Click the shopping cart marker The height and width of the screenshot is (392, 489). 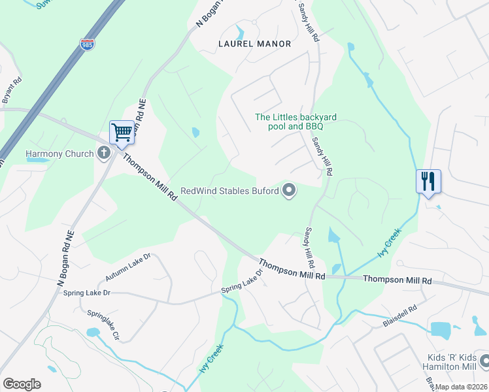[122, 133]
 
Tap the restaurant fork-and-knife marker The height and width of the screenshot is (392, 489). [428, 182]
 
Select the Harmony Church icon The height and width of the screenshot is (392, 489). [103, 154]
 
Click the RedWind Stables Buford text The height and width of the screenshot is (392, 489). [229, 191]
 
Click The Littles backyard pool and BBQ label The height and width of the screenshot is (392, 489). [295, 122]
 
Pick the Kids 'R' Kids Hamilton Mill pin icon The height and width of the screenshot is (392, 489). [484, 361]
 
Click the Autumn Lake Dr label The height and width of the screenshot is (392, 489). [128, 267]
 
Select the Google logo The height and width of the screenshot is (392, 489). [22, 384]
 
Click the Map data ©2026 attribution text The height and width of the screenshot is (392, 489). [462, 387]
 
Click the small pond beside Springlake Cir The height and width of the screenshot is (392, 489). [92, 333]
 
